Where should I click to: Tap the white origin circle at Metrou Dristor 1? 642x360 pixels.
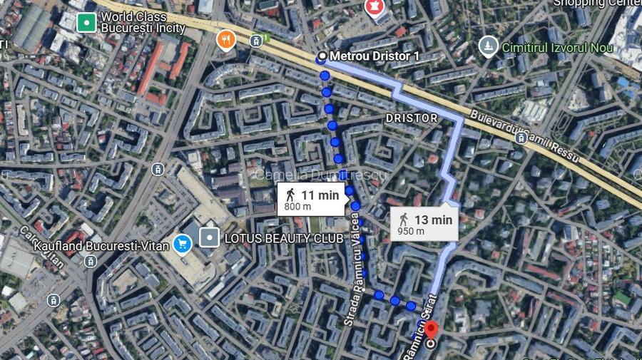322,56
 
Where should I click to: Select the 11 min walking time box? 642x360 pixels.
311,199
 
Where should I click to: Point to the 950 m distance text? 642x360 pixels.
411,231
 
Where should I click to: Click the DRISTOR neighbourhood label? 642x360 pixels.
411,117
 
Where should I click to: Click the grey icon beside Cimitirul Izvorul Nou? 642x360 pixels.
489,46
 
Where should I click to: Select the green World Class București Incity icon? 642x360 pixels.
86,22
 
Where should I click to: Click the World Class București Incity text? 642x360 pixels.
143,22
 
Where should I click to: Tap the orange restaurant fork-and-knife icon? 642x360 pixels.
226,41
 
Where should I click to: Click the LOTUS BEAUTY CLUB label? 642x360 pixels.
283,238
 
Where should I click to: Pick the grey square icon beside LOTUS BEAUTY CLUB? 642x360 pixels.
210,237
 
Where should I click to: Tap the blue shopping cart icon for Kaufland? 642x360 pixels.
183,245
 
